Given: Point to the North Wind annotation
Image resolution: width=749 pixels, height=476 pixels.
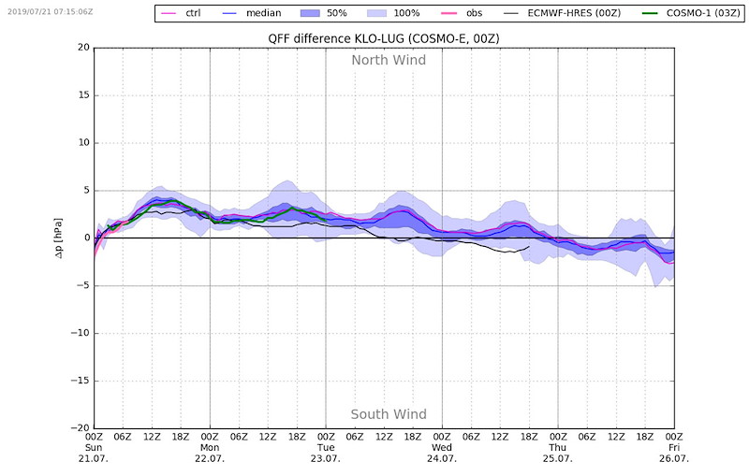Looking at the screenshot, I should [389, 60].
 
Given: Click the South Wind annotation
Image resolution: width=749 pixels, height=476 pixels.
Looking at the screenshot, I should [389, 414].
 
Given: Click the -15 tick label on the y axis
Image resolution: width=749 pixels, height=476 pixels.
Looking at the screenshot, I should [80, 381].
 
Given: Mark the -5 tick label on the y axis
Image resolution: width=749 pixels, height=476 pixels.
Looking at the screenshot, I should [82, 285].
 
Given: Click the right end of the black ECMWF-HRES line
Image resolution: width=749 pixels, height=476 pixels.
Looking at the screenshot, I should [529, 247].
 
